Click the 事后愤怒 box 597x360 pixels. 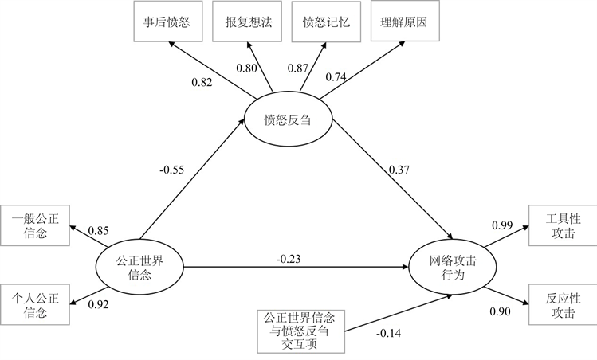coord(167,22)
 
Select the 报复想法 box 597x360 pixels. coord(243,22)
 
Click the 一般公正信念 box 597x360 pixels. coord(36,225)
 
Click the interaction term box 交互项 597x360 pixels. coord(301,329)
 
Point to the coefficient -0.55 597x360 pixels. coord(173,169)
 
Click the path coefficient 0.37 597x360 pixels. coord(400,169)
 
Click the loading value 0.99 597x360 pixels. coord(501,227)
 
